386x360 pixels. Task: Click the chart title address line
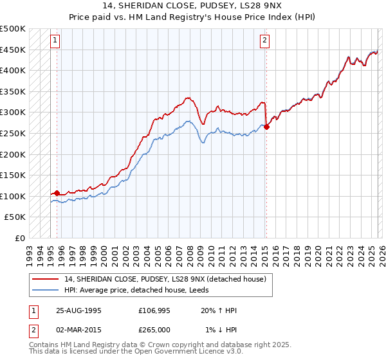click(x=193, y=5)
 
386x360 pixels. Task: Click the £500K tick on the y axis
click(x=13, y=29)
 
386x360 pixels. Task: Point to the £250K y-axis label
click(x=13, y=133)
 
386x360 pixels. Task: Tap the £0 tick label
click(x=19, y=238)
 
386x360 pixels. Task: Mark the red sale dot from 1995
click(x=57, y=193)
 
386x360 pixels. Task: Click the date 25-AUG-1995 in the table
click(x=78, y=310)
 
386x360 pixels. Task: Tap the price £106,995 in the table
click(x=154, y=310)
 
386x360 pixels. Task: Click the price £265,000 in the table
click(x=154, y=330)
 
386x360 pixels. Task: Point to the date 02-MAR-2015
click(x=78, y=330)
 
